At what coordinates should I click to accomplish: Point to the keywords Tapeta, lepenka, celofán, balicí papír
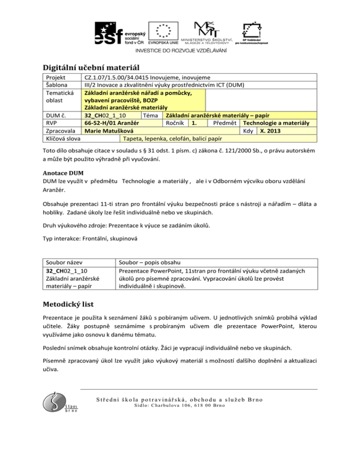pyautogui.click(x=172, y=139)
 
